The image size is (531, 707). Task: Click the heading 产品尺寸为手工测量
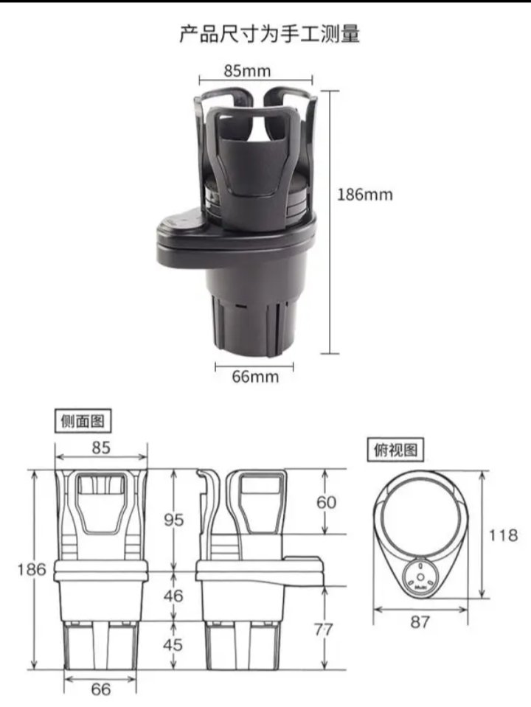(x=270, y=34)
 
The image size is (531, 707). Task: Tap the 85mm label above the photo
(x=247, y=71)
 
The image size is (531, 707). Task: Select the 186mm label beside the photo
(x=365, y=195)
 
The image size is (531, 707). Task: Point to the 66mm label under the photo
(x=255, y=377)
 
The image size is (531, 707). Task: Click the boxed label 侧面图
(x=83, y=421)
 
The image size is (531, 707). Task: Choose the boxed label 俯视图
(x=395, y=450)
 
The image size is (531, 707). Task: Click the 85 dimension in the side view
(x=101, y=447)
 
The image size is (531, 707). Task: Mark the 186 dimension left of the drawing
(x=32, y=569)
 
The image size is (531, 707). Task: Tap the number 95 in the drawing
(x=174, y=520)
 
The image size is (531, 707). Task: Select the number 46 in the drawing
(x=173, y=596)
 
